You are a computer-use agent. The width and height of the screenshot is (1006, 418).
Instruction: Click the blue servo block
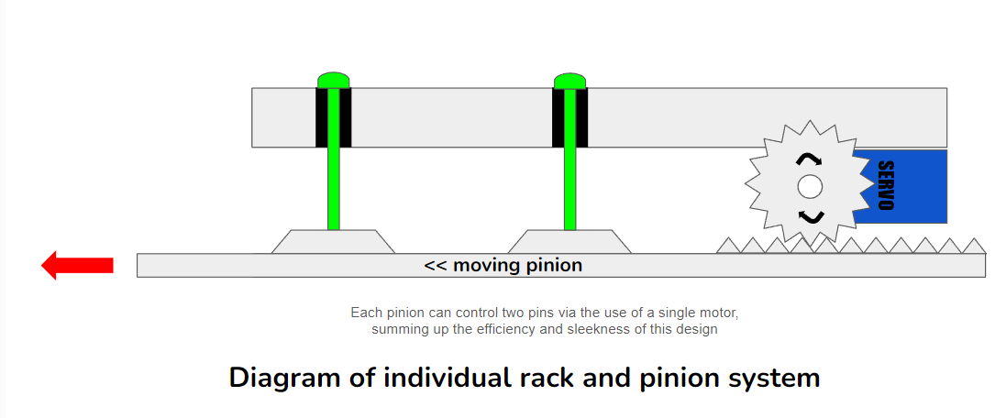pos(908,186)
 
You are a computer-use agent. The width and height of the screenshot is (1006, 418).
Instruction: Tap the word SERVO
pos(885,186)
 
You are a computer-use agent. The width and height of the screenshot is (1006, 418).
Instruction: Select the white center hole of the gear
pos(809,187)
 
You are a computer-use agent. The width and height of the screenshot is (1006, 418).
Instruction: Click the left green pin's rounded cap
pos(334,80)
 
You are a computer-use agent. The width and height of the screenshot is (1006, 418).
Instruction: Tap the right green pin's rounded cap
pos(569,80)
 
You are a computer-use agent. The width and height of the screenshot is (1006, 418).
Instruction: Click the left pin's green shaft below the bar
pos(334,188)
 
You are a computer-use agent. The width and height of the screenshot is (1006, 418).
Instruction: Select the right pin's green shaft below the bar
pos(569,188)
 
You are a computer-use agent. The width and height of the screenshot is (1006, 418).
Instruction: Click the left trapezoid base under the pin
pos(334,241)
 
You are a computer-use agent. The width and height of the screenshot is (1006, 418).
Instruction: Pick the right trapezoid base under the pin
pos(569,241)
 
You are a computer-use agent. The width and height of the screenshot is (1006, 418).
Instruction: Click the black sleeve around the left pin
pos(321,117)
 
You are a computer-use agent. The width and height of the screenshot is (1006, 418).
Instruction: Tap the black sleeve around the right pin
pos(558,117)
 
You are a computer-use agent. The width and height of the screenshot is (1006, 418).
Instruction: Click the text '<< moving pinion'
pos(503,266)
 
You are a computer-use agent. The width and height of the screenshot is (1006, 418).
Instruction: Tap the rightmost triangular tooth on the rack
pos(975,246)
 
